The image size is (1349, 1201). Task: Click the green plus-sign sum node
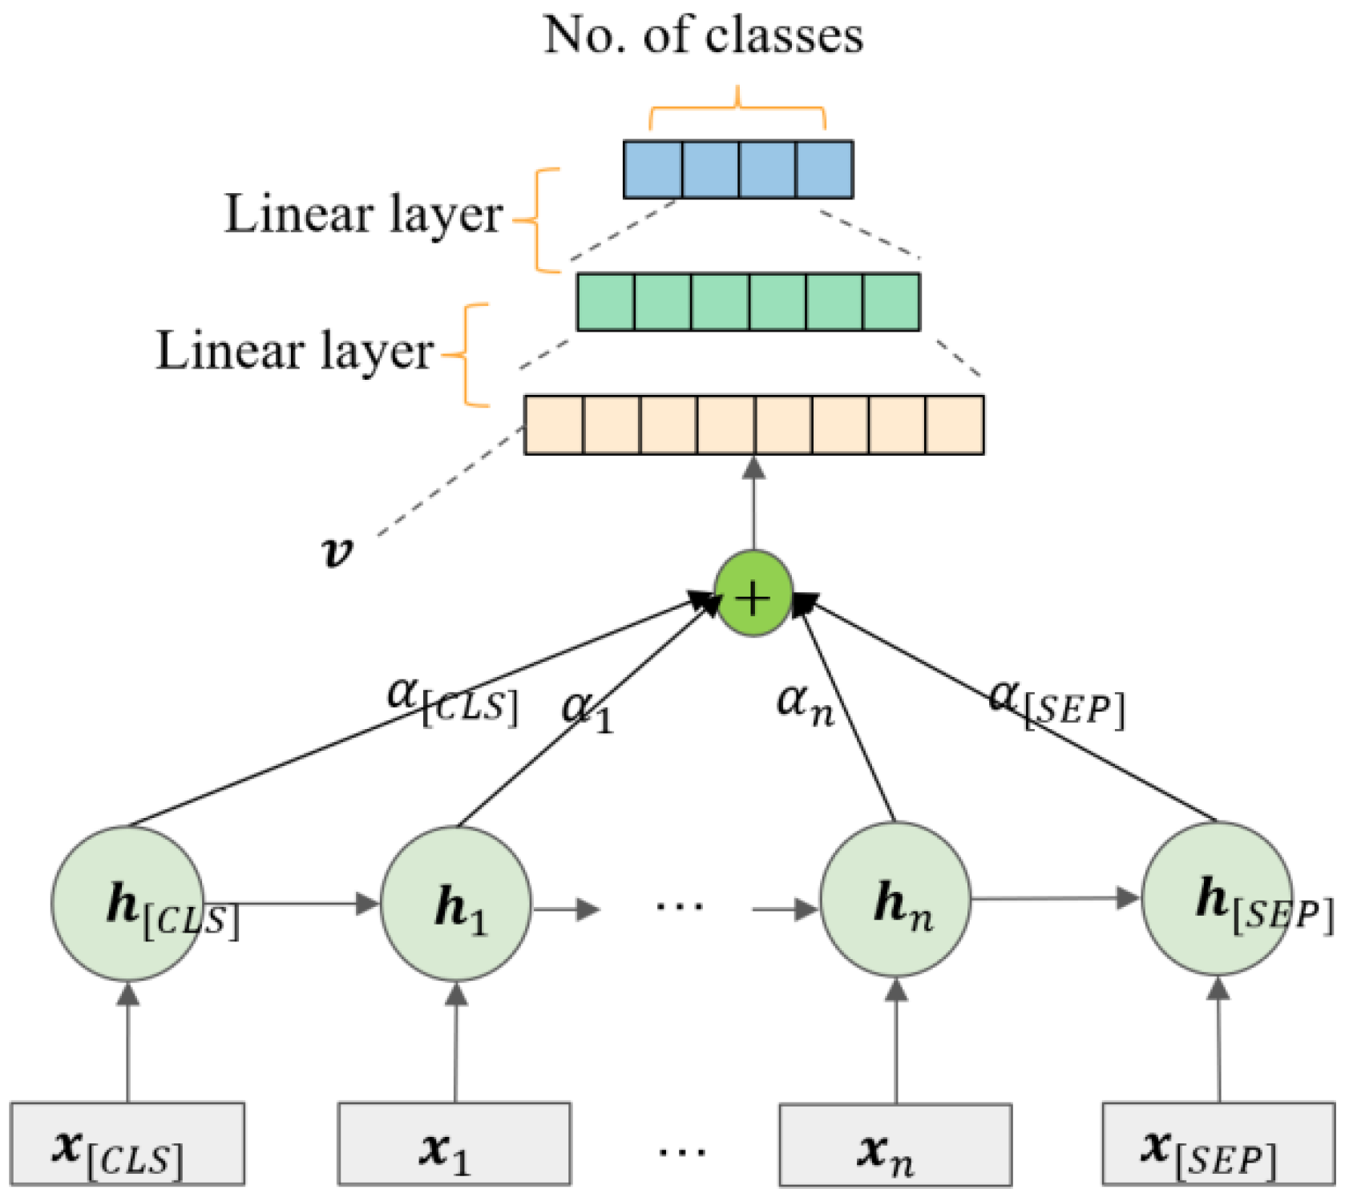(753, 594)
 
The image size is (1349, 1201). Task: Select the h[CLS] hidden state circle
(127, 903)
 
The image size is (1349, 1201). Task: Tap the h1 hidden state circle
(455, 905)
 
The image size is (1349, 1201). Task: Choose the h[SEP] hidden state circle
(1217, 899)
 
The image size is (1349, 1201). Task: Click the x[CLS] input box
(127, 1144)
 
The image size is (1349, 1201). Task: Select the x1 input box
(454, 1144)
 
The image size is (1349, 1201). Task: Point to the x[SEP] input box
(1218, 1144)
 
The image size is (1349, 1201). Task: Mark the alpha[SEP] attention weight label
(1056, 702)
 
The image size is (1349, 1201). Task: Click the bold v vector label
(337, 551)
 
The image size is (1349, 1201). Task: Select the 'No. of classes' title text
(704, 36)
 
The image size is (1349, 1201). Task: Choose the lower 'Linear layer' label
(294, 351)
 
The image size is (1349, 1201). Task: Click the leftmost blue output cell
(652, 170)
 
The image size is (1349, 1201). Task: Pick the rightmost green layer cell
(891, 302)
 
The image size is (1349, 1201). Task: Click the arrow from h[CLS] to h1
(297, 905)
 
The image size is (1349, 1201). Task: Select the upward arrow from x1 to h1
(456, 1042)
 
